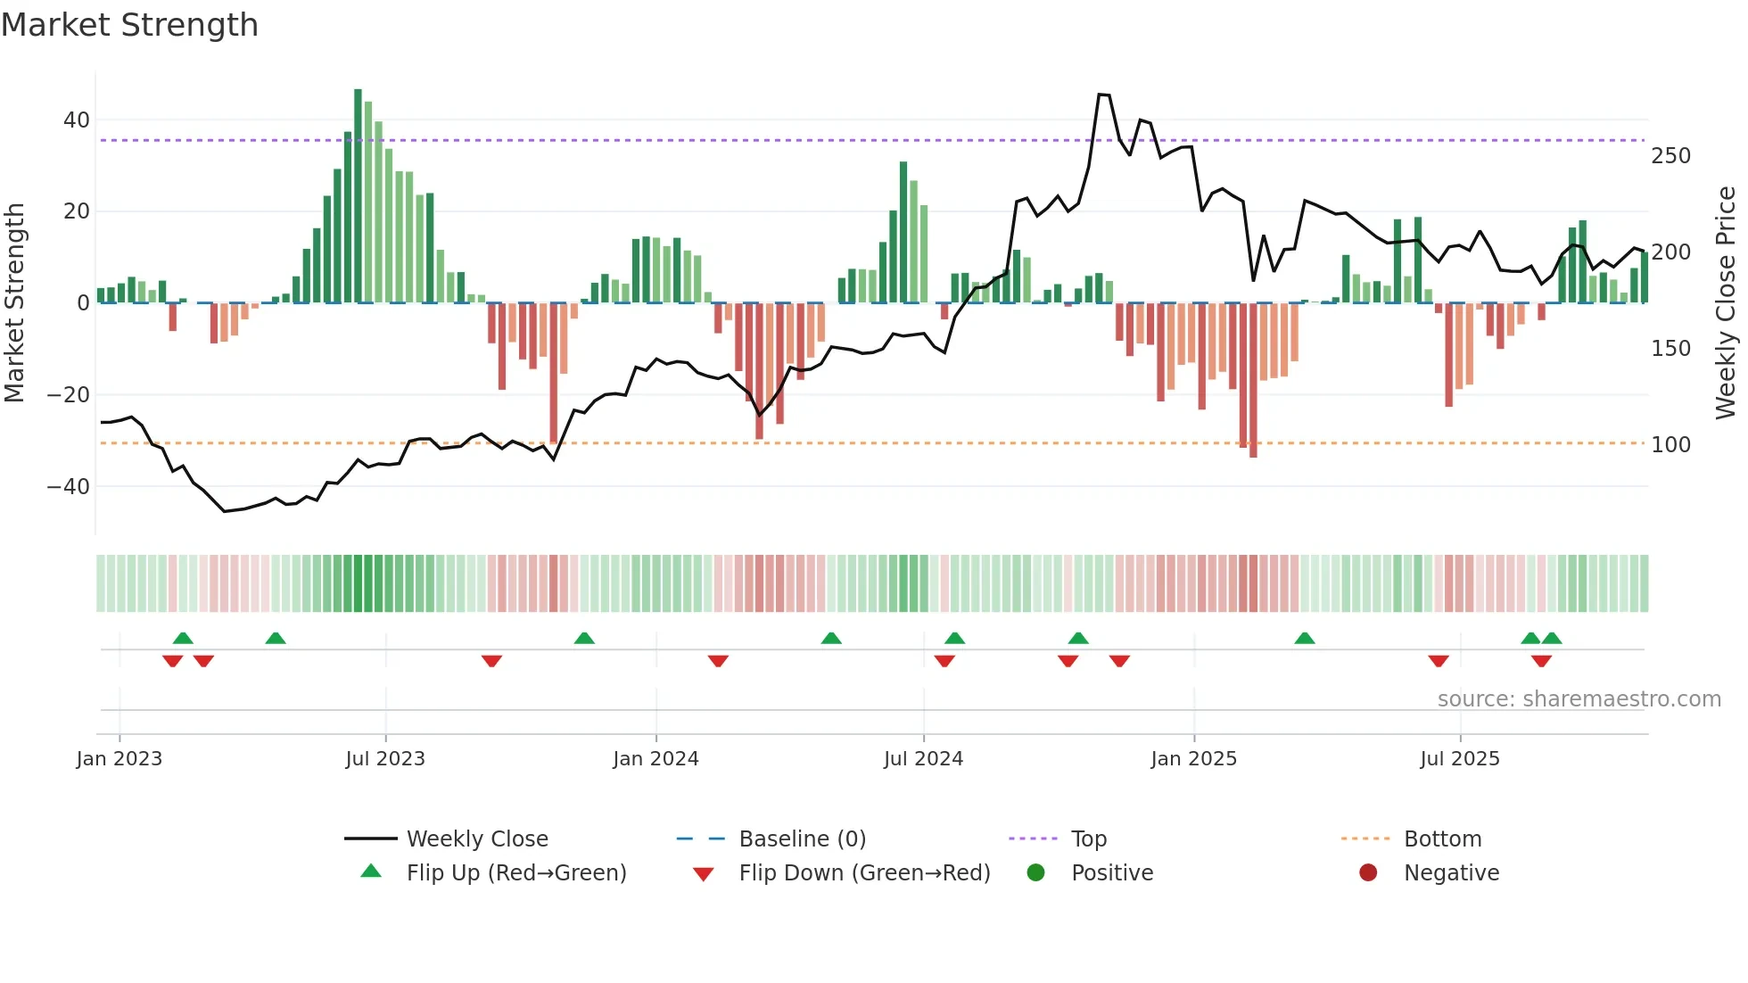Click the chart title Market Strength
[129, 25]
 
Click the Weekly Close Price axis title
[1726, 302]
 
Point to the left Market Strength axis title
[14, 302]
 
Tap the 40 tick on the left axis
[77, 120]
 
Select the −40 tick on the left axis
[69, 487]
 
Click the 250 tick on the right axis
[1670, 156]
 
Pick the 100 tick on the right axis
[1670, 444]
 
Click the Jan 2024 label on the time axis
[655, 759]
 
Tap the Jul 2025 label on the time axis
[1459, 759]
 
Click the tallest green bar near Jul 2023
[358, 196]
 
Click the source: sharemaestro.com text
[1579, 699]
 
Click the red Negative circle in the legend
[1368, 873]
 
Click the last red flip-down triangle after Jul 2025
[1541, 661]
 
